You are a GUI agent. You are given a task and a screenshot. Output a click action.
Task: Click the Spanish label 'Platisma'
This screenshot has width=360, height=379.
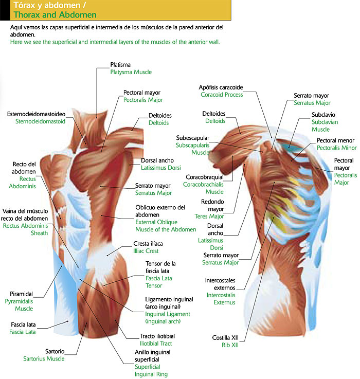122,65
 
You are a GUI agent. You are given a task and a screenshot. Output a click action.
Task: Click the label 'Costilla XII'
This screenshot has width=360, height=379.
225,337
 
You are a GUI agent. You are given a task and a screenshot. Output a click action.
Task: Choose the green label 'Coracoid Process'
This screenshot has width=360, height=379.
222,95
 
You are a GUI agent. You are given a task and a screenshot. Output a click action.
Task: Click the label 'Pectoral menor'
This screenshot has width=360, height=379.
335,140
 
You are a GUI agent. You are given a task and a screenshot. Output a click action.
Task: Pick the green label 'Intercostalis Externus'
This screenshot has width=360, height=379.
221,299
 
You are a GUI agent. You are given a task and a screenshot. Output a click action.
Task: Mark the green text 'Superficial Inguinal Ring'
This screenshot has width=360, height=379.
151,371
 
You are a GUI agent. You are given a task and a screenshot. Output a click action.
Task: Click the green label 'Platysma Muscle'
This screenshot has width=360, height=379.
131,73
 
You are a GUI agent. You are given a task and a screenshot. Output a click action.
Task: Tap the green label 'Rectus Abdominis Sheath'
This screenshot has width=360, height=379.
26,229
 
